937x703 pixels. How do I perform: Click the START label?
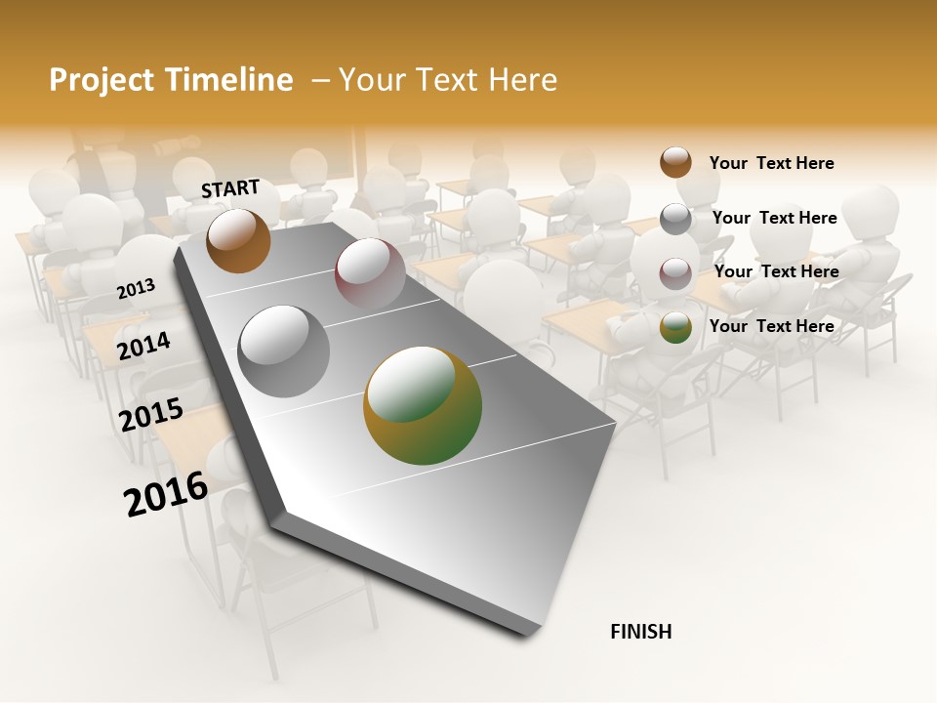click(230, 188)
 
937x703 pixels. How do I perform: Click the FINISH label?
click(640, 632)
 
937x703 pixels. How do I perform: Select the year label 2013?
click(137, 288)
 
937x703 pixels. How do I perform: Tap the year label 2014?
click(143, 346)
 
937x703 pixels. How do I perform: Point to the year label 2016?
click(166, 493)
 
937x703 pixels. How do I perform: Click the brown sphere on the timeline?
click(238, 240)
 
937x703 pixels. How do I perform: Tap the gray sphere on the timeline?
click(284, 351)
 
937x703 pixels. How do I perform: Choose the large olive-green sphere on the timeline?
click(423, 405)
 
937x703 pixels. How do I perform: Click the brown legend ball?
click(675, 162)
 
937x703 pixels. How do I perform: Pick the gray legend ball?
click(675, 219)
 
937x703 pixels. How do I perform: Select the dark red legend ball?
click(675, 273)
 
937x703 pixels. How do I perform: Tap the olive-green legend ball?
click(675, 328)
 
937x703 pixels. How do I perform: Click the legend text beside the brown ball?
click(771, 163)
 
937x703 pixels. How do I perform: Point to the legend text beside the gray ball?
click(774, 218)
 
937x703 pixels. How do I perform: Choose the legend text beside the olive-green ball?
click(771, 326)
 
